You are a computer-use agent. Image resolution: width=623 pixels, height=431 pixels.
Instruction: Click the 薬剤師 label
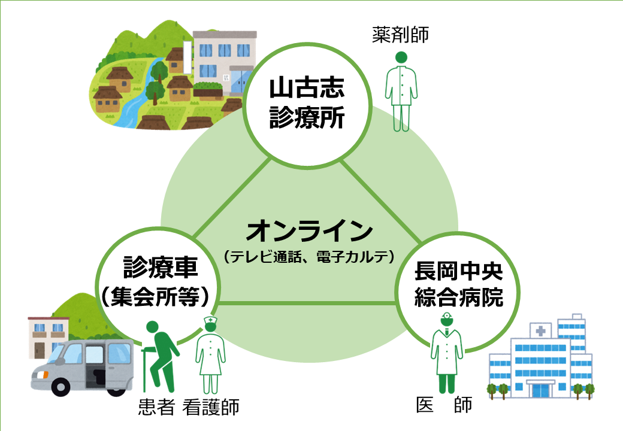point(401,35)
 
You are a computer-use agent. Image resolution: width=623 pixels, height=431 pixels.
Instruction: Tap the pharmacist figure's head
point(401,57)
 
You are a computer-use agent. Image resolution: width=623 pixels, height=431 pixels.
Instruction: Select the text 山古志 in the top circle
point(307,88)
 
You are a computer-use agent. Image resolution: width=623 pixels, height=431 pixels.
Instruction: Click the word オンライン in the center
point(310,232)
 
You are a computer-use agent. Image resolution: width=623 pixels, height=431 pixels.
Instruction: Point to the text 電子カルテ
point(352,257)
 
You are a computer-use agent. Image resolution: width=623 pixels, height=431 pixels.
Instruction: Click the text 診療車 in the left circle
point(161,267)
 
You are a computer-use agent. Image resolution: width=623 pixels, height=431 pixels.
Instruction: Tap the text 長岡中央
point(458,271)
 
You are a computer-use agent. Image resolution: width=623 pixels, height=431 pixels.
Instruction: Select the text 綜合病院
point(458,298)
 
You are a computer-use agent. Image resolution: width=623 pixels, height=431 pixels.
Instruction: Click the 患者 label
point(156,407)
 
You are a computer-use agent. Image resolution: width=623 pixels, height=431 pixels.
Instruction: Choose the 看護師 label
point(211,407)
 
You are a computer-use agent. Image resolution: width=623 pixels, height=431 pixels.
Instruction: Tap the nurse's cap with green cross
point(210,320)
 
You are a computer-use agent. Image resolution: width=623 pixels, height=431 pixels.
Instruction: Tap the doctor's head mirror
point(447,316)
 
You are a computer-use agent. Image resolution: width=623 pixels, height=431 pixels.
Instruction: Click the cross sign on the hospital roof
point(540,330)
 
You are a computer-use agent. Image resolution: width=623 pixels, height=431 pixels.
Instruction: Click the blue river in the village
point(141,95)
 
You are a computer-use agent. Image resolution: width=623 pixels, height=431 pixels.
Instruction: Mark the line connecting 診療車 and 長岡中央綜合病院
point(307,303)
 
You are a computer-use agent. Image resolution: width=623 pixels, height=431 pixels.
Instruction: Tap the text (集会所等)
point(155,296)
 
